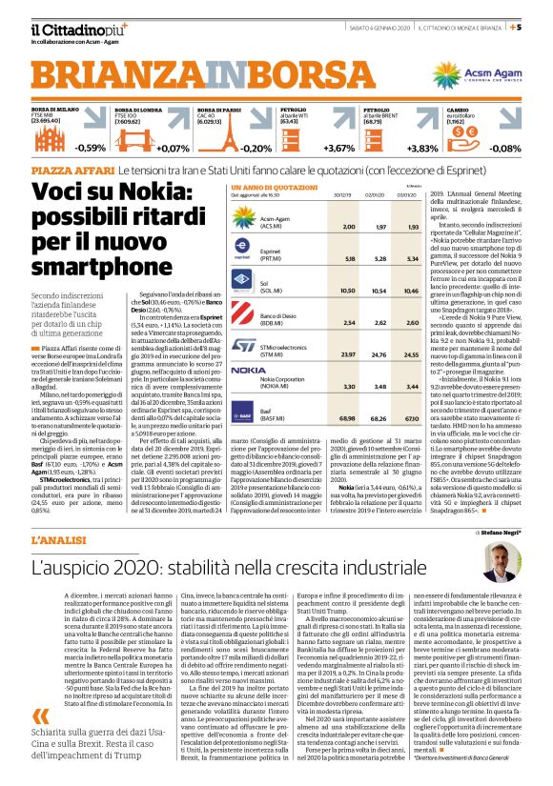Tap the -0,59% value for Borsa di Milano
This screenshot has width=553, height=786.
tap(91, 148)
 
